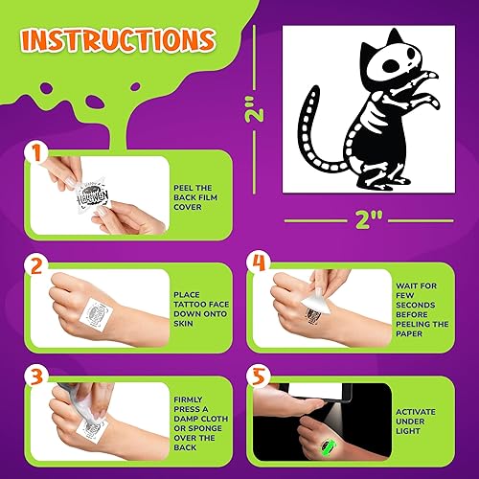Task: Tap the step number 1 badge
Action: pyautogui.click(x=36, y=153)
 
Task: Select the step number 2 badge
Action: pyautogui.click(x=36, y=265)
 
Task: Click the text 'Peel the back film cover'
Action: pyautogui.click(x=199, y=194)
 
